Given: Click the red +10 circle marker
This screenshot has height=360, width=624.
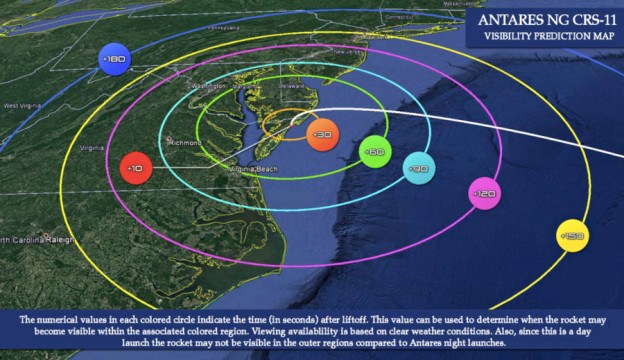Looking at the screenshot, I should pos(134,168).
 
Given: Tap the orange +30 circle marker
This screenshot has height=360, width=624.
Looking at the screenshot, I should pos(321,134).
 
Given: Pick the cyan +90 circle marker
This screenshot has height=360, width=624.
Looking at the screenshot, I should pos(418,169).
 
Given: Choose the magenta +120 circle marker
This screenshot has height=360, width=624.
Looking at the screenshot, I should pos(484,193).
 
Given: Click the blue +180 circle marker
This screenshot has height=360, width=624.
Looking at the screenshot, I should pos(114,60).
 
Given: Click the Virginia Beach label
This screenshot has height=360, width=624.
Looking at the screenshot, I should pos(253,170).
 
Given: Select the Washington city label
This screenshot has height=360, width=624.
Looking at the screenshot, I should pos(207,86).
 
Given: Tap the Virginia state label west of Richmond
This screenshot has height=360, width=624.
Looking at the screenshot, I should pos(92,147).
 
